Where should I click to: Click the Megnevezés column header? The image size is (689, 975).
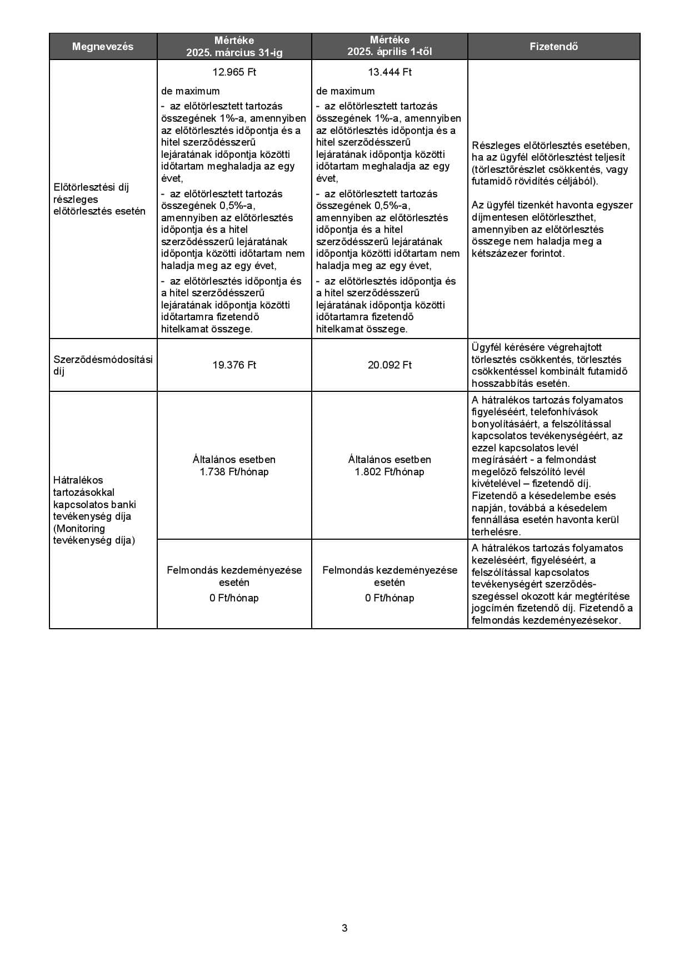103,47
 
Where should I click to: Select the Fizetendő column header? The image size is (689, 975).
553,47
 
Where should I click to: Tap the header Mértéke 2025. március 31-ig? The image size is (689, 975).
234,47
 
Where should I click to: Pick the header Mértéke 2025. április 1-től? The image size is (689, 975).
390,47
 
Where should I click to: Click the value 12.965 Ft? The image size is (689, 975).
234,72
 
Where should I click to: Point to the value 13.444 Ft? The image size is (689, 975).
390,72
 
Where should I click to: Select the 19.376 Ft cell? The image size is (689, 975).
234,365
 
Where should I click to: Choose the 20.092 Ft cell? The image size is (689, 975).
390,365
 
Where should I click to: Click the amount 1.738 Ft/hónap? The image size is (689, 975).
234,472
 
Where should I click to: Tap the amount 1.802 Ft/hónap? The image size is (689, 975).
390,472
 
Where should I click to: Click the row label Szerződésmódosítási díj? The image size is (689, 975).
103,365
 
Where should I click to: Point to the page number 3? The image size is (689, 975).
344,928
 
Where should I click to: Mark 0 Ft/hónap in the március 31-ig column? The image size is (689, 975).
234,598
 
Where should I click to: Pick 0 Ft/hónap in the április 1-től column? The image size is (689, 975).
390,598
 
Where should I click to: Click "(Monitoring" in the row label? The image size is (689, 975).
79,528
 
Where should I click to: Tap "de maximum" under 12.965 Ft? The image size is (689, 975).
190,91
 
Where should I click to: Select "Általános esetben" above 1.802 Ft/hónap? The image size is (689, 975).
390,460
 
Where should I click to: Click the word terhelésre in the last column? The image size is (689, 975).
496,532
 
